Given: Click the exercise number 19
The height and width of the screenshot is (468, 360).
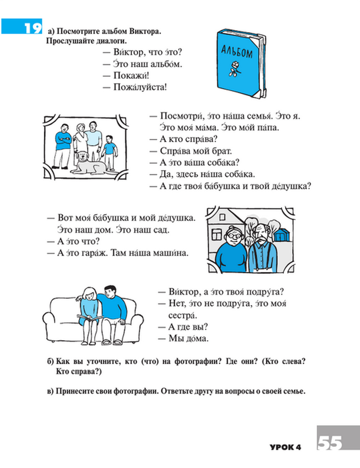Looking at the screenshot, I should [32, 27].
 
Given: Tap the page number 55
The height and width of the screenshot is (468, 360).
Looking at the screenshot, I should [330, 442].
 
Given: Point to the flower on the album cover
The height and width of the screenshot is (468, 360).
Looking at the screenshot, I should [234, 68].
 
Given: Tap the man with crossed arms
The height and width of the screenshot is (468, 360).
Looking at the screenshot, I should [62, 144].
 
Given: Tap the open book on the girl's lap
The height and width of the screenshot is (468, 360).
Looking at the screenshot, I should [90, 318].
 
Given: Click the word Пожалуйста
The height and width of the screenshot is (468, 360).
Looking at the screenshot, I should [140, 87].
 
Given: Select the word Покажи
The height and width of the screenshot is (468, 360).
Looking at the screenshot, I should [131, 76].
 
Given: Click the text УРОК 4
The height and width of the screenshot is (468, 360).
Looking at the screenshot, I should [285, 447].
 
